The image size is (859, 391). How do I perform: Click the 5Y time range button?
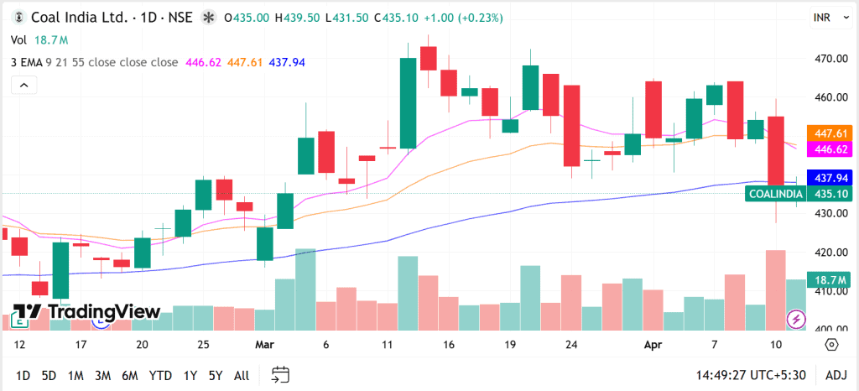click(x=216, y=375)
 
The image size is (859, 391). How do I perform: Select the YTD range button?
click(x=160, y=375)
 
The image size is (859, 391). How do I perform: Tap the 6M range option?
click(x=129, y=375)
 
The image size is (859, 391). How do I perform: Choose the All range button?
click(x=242, y=375)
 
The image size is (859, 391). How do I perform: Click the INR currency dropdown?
click(x=822, y=17)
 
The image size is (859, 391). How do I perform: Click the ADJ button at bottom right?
click(x=836, y=375)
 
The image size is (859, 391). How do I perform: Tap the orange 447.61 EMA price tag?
click(x=829, y=133)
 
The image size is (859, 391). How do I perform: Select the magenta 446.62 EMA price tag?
click(x=829, y=149)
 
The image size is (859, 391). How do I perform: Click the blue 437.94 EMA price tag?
click(x=829, y=178)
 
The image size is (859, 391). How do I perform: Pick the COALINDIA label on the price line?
click(x=774, y=194)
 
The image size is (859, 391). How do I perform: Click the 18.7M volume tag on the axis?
click(x=829, y=279)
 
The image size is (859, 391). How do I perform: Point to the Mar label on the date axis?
click(x=265, y=345)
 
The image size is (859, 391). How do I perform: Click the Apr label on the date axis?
click(x=653, y=345)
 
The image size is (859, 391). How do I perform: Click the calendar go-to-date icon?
click(x=281, y=375)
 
